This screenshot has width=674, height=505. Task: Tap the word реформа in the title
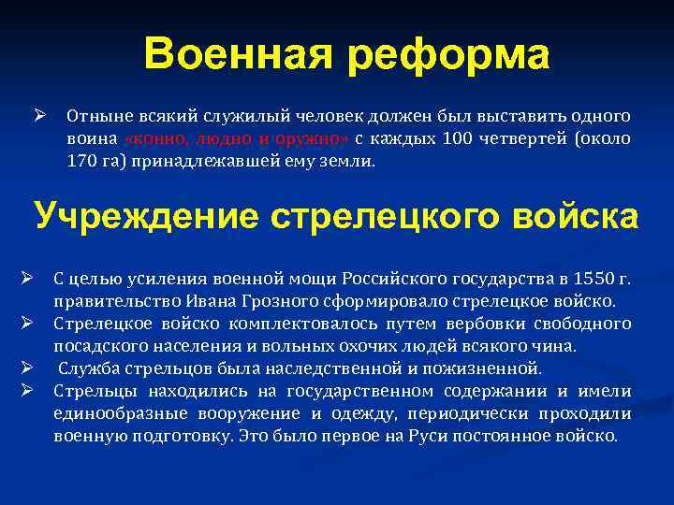(x=446, y=57)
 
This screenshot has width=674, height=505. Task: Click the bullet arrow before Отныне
(x=40, y=116)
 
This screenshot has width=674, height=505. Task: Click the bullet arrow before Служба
(x=29, y=367)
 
